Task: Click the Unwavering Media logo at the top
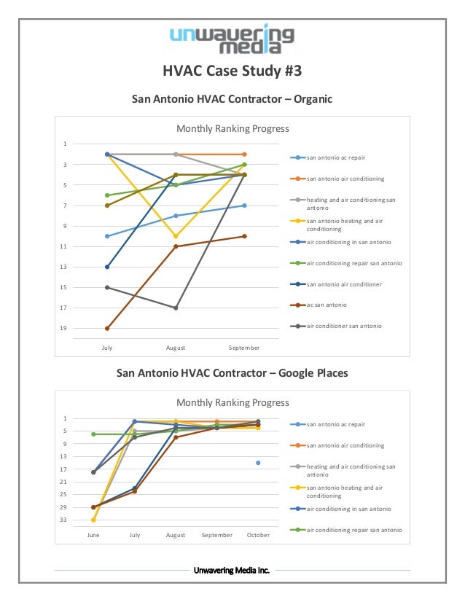232,39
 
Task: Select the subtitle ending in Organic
232,98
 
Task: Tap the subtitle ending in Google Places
232,373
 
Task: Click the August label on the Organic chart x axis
176,348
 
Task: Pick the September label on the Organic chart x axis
243,348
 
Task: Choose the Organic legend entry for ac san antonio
326,305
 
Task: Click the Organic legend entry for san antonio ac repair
335,157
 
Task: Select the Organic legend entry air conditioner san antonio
344,326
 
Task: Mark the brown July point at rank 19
107,328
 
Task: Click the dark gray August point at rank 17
176,308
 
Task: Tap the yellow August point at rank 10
176,236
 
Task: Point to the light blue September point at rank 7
244,206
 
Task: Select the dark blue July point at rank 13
107,267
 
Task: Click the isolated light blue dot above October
258,463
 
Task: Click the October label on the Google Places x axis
258,535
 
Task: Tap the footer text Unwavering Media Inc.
232,570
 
